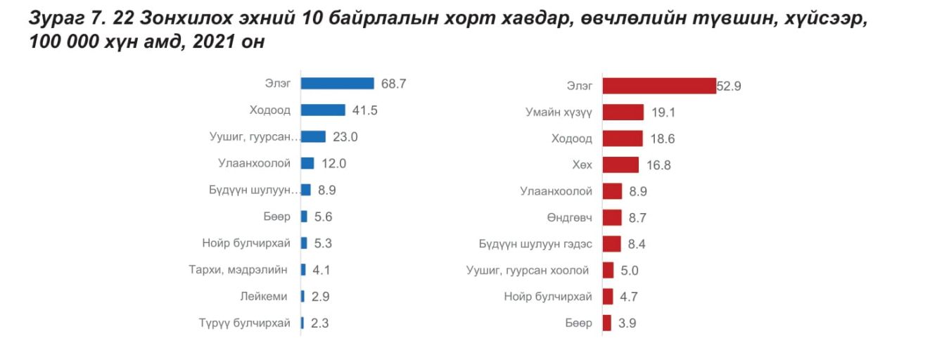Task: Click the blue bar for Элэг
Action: tap(337, 84)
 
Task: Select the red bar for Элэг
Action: tap(658, 86)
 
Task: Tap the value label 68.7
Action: tap(394, 84)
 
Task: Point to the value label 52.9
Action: tap(729, 86)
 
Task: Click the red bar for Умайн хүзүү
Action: tap(623, 112)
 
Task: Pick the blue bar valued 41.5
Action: tap(323, 110)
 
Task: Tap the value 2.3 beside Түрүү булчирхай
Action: tap(319, 323)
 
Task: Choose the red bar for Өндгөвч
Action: tap(612, 217)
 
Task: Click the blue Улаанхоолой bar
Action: tap(307, 163)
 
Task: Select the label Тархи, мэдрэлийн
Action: tap(239, 269)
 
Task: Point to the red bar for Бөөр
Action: tap(606, 323)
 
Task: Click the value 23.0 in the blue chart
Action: tap(345, 137)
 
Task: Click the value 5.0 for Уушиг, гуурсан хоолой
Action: tap(630, 271)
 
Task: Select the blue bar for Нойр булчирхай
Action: tap(304, 243)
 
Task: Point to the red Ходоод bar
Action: tap(623, 139)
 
